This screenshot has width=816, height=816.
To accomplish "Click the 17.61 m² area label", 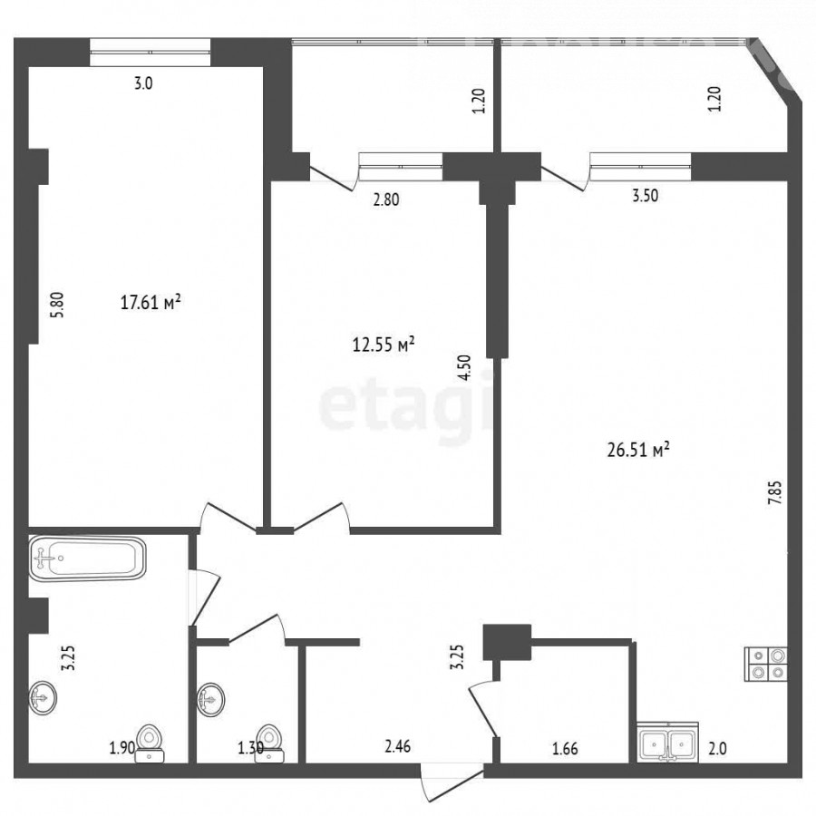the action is [x=151, y=302].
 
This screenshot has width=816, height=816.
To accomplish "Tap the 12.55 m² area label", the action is [x=384, y=344].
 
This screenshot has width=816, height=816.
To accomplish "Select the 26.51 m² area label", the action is [x=638, y=449].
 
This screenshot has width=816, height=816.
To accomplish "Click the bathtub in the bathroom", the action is [x=87, y=559].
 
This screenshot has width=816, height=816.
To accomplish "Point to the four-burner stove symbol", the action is [x=766, y=664].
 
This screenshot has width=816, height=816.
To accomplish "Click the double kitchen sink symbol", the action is [x=667, y=743].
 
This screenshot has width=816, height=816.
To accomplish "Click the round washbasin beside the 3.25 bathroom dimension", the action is [x=43, y=697].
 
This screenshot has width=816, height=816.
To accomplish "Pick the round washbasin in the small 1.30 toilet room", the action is [x=210, y=699].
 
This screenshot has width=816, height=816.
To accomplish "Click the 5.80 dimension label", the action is [x=57, y=305].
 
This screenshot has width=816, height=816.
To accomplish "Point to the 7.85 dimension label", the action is [x=775, y=492].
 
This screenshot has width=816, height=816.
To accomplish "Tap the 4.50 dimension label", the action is [x=464, y=367].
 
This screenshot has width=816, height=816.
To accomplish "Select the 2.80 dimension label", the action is [x=386, y=199].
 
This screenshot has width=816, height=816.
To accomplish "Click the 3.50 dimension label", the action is [x=645, y=196].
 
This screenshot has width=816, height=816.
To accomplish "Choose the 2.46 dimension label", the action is [x=398, y=746].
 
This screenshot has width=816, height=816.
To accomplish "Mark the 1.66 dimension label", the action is [x=565, y=748].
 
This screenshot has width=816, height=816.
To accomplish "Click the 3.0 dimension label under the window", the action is [x=143, y=83].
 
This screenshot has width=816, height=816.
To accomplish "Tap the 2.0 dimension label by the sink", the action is [x=717, y=748].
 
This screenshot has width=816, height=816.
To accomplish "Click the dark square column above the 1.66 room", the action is [x=507, y=642].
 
